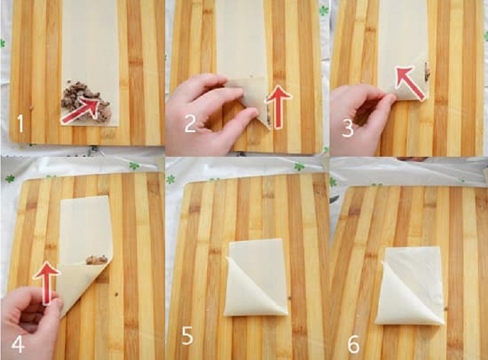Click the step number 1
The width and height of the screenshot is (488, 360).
(x=20, y=124)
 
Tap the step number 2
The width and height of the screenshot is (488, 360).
(x=190, y=123)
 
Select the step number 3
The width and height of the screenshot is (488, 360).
(x=347, y=128)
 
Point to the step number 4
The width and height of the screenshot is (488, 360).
(x=18, y=344)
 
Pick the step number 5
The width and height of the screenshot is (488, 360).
(x=187, y=335)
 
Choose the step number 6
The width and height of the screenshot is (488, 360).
(x=353, y=344)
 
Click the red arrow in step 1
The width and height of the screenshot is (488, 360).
(x=85, y=110)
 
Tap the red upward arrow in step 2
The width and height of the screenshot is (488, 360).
(x=278, y=107)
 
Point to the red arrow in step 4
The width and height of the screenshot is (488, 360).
(x=46, y=283)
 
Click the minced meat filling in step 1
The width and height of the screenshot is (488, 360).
(x=86, y=101)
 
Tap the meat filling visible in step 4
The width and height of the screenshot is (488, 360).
(x=97, y=260)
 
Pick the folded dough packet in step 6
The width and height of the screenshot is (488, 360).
(x=410, y=286)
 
